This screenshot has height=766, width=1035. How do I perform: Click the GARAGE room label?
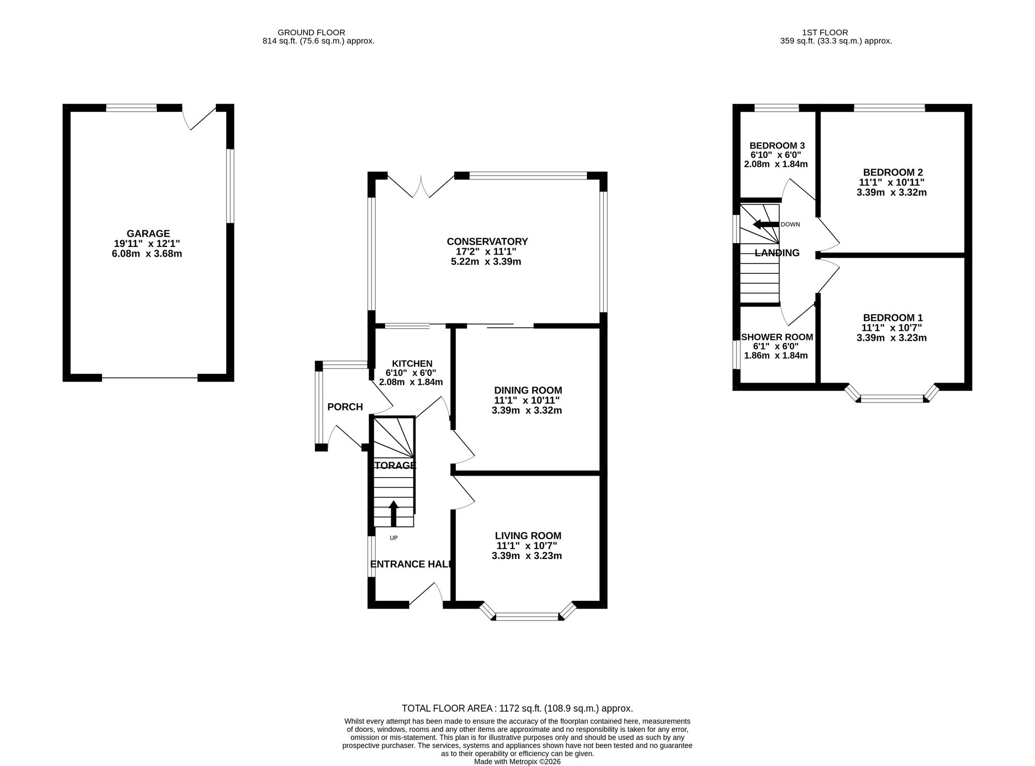coord(149,233)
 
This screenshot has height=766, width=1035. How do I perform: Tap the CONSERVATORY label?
coord(487,242)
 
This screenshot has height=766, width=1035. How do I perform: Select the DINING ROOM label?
coord(528,390)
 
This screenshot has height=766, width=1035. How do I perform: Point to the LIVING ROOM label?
coord(528,536)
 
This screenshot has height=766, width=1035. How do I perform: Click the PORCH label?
coord(345,407)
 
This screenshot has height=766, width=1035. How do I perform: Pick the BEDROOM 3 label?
coord(777,145)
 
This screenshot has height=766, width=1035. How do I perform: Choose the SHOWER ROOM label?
coord(777,337)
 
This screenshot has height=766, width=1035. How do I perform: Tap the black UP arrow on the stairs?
coord(393,513)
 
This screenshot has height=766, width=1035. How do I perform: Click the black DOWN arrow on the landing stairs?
coord(766,224)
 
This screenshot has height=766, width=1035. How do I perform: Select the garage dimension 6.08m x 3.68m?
coord(147,254)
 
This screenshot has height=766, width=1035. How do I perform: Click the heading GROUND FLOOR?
coord(311,33)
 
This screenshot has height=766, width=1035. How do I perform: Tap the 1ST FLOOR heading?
coord(829,33)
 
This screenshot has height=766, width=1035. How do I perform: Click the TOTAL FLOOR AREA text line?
coord(517,709)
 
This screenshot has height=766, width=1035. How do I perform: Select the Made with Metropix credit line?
coord(517,762)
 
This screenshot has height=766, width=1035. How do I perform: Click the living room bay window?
coord(528,614)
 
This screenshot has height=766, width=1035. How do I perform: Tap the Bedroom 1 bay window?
coord(892,396)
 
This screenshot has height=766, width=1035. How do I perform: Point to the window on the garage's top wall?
coord(131,108)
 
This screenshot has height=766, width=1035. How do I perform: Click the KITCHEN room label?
coord(412,363)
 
